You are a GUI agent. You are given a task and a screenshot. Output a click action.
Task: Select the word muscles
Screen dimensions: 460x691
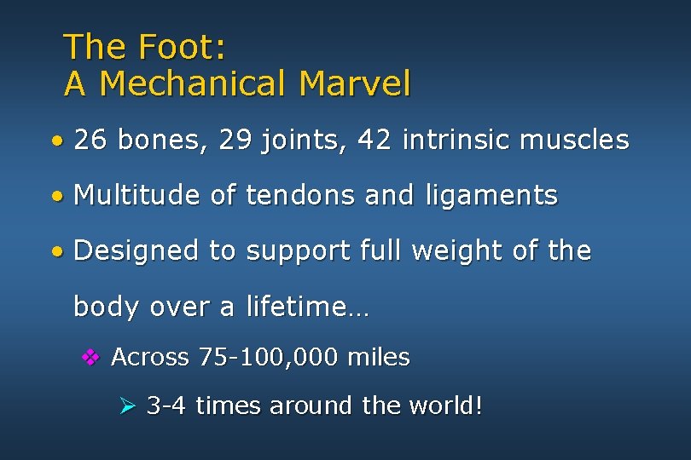(x=578, y=140)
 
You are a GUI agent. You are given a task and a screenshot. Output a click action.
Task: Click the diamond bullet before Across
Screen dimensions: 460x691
(x=90, y=358)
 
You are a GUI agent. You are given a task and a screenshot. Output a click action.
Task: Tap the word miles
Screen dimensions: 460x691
(x=379, y=358)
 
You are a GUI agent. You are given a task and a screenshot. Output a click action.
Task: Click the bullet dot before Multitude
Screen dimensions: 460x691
(x=56, y=196)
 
